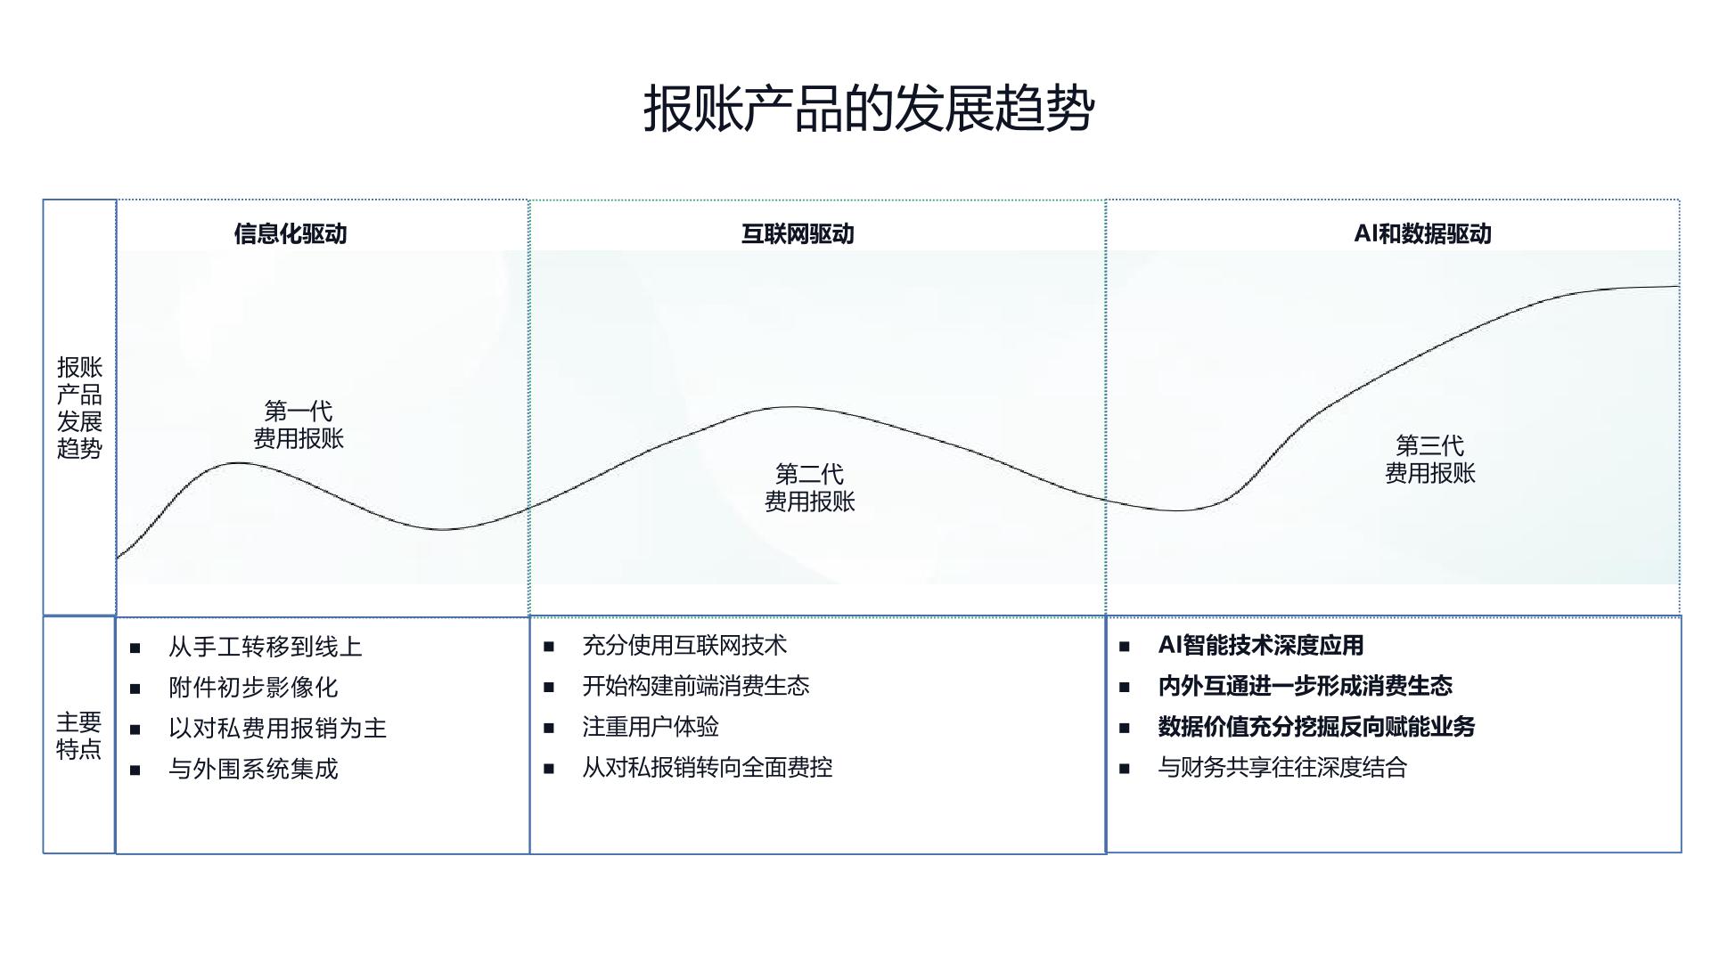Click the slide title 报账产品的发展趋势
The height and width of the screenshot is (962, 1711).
point(869,109)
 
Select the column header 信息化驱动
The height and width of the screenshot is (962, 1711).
point(291,233)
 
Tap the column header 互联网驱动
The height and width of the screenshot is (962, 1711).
point(798,233)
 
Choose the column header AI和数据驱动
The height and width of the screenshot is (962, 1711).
point(1422,233)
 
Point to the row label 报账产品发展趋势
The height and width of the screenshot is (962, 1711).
point(79,407)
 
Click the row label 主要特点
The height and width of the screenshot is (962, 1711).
point(79,735)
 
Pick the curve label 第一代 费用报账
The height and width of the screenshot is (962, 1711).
point(299,424)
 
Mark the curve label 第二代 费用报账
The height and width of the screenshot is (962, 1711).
point(809,487)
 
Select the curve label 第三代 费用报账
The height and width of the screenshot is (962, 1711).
point(1429,459)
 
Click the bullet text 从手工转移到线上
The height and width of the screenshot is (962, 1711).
point(266,647)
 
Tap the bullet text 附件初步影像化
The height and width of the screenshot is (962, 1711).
point(253,688)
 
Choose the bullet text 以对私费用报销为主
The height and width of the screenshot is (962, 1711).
point(277,729)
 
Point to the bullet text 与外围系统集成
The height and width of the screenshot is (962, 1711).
point(253,769)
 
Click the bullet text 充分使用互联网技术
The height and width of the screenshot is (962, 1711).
point(684,645)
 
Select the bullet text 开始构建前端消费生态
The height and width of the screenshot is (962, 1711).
point(696,686)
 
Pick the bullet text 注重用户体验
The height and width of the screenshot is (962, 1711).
point(651,727)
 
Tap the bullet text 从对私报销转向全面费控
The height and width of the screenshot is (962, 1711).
point(708,767)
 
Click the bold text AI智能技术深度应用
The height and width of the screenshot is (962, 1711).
point(1261,645)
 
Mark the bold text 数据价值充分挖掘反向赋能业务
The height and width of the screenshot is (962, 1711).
point(1316,727)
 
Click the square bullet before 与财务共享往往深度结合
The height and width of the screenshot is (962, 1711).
point(1125,768)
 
